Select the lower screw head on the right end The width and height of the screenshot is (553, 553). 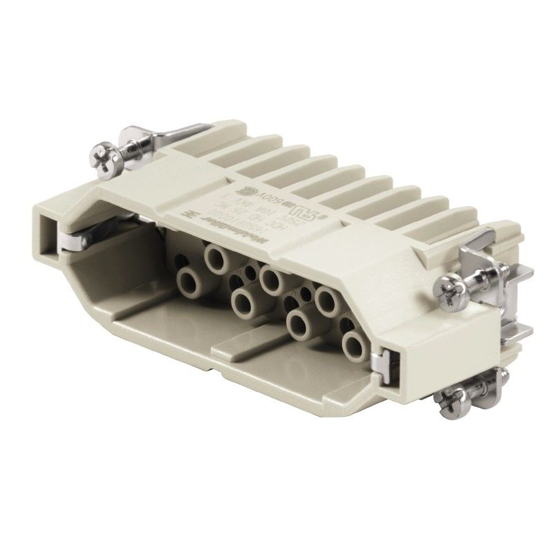point(445,402)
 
